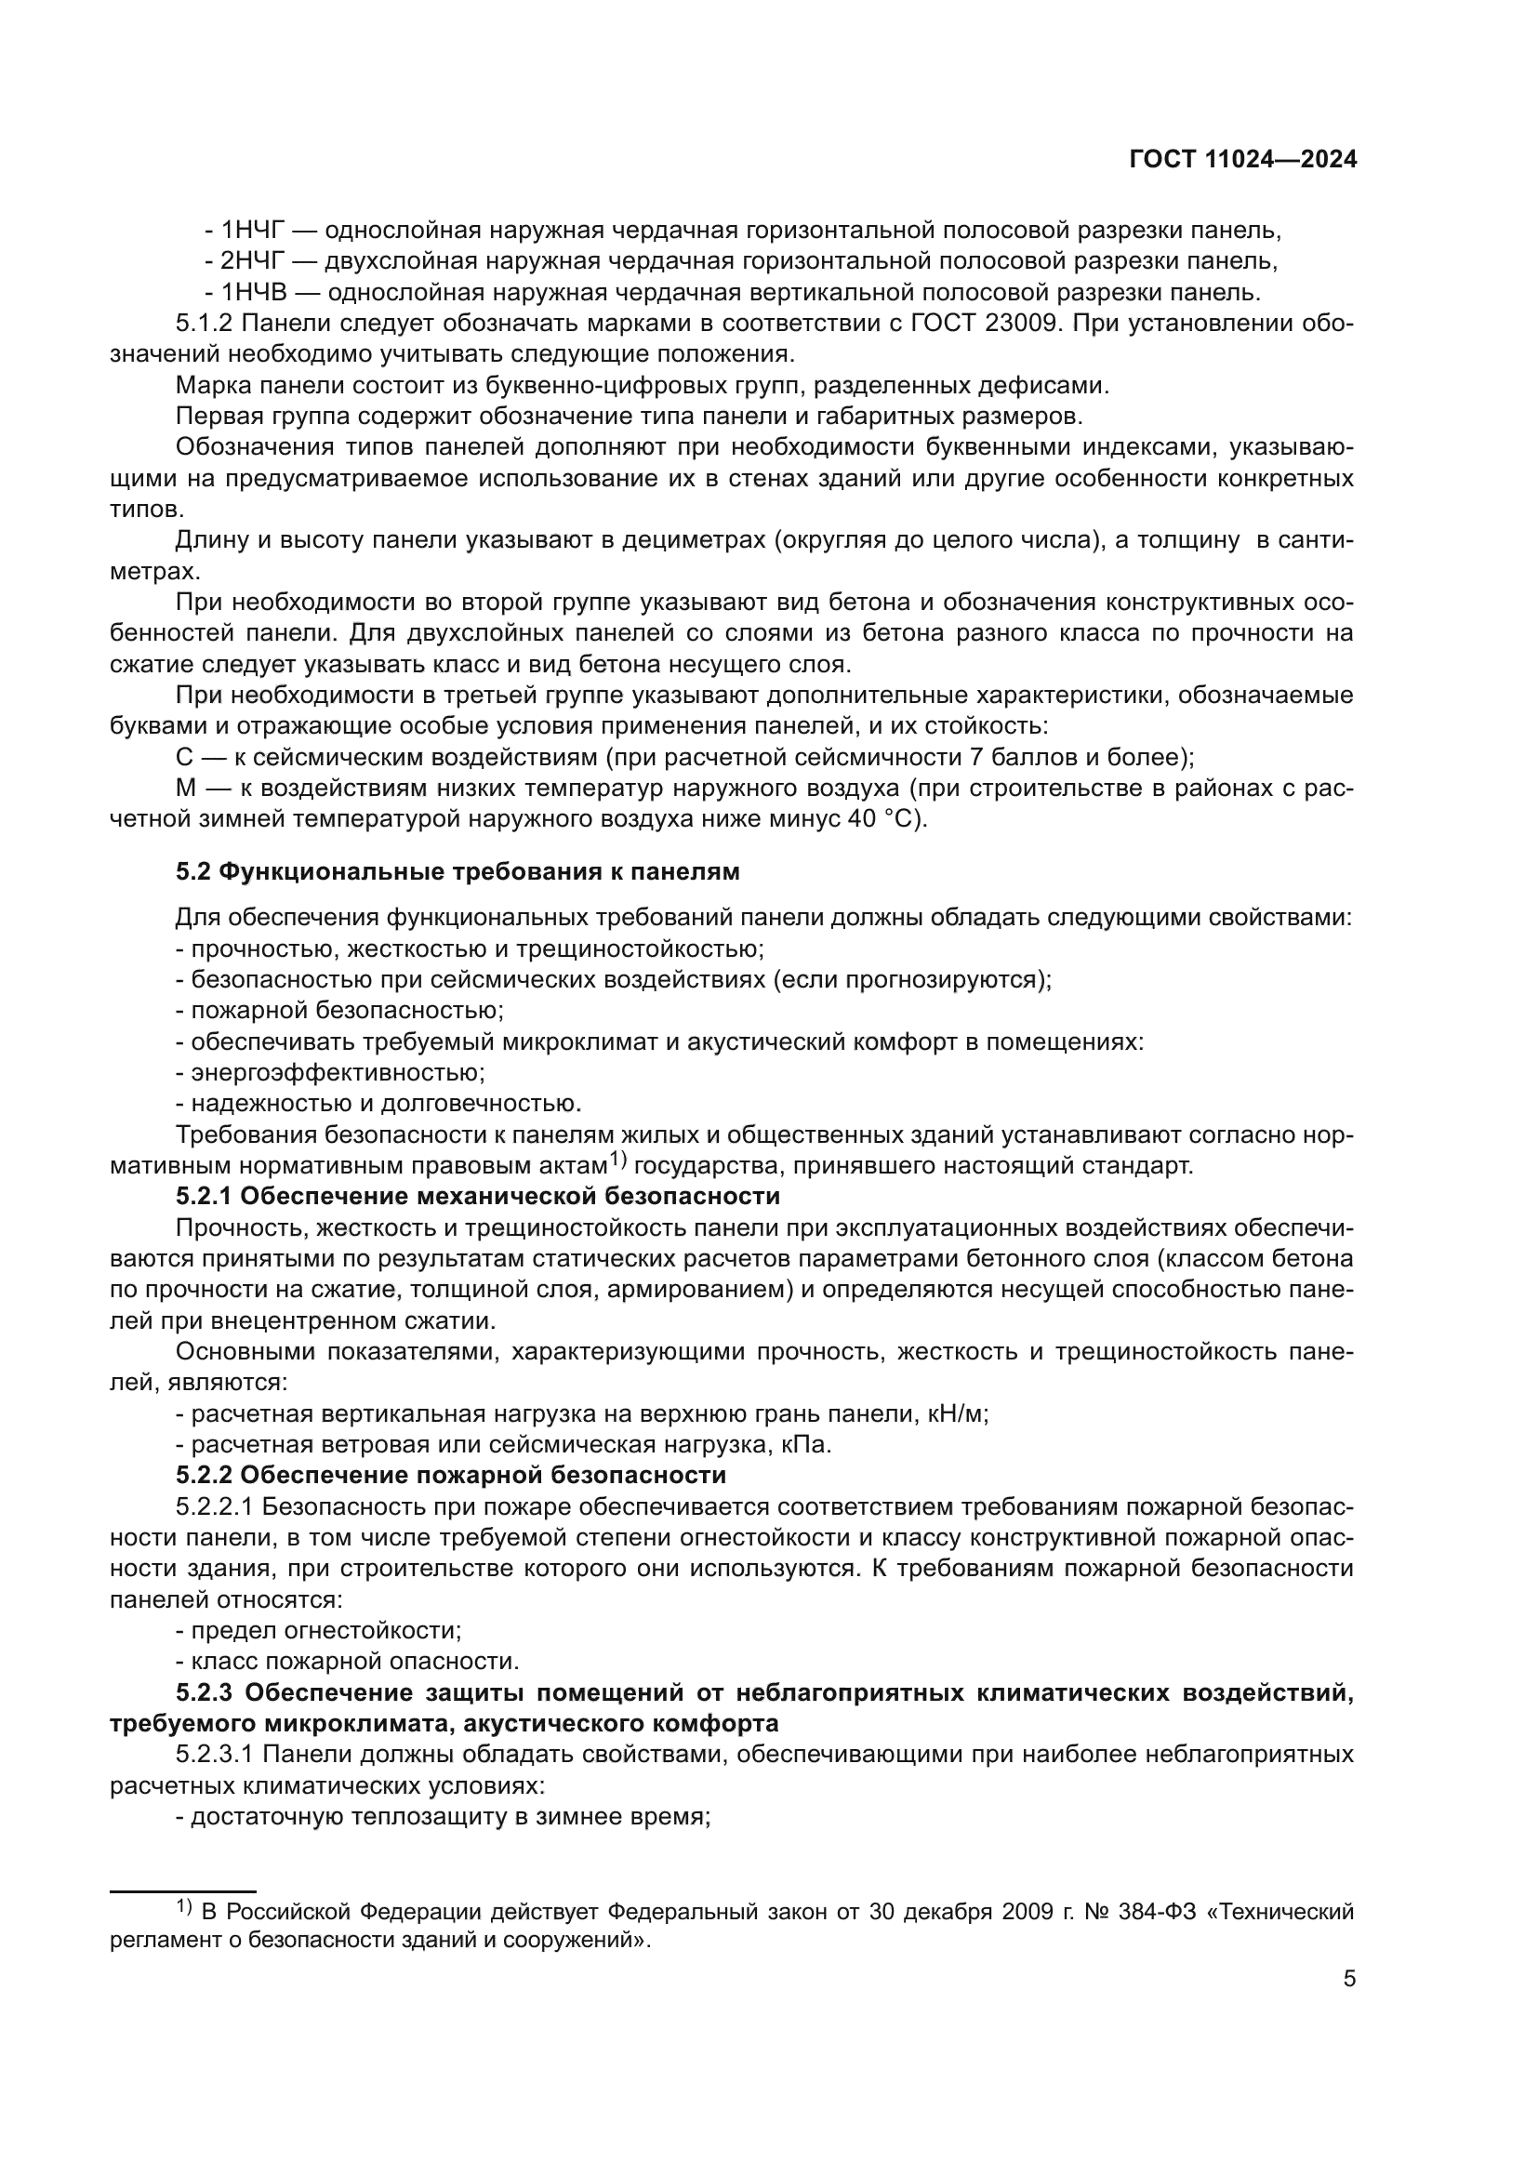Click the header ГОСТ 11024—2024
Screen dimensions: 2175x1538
1242,159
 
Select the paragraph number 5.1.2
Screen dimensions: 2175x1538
204,323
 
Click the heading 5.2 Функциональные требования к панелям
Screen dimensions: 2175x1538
457,871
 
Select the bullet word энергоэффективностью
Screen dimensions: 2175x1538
338,1072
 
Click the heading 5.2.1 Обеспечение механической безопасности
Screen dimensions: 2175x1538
477,1196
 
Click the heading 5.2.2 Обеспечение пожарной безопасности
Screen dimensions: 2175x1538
451,1475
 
